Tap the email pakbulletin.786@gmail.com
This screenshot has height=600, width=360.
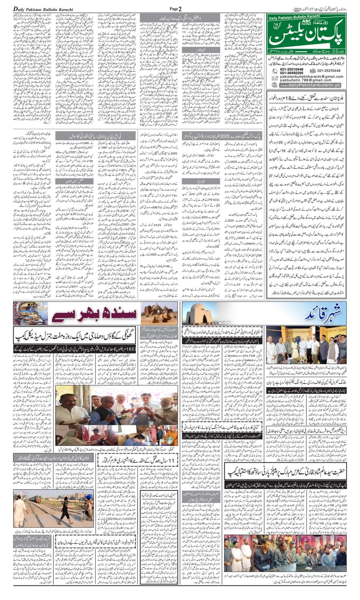pyautogui.click(x=305, y=80)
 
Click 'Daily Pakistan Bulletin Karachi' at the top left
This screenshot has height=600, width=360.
pyautogui.click(x=43, y=9)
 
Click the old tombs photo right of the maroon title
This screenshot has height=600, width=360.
pyautogui.click(x=159, y=313)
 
